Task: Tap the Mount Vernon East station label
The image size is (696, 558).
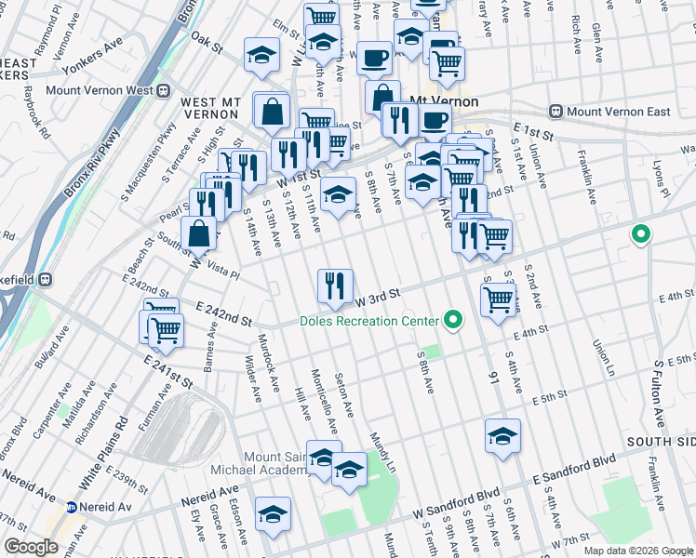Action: tap(618, 112)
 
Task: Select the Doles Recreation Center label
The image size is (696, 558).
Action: tap(368, 321)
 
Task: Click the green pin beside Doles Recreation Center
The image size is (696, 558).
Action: tap(453, 321)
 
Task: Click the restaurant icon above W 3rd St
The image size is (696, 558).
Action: tap(335, 285)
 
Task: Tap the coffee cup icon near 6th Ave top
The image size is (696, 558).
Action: tap(374, 57)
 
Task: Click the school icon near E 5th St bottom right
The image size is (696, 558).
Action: tap(502, 435)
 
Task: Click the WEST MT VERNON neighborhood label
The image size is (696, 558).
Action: tap(211, 107)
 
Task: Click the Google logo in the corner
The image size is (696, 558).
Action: tap(31, 547)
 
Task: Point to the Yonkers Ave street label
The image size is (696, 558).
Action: tap(92, 57)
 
